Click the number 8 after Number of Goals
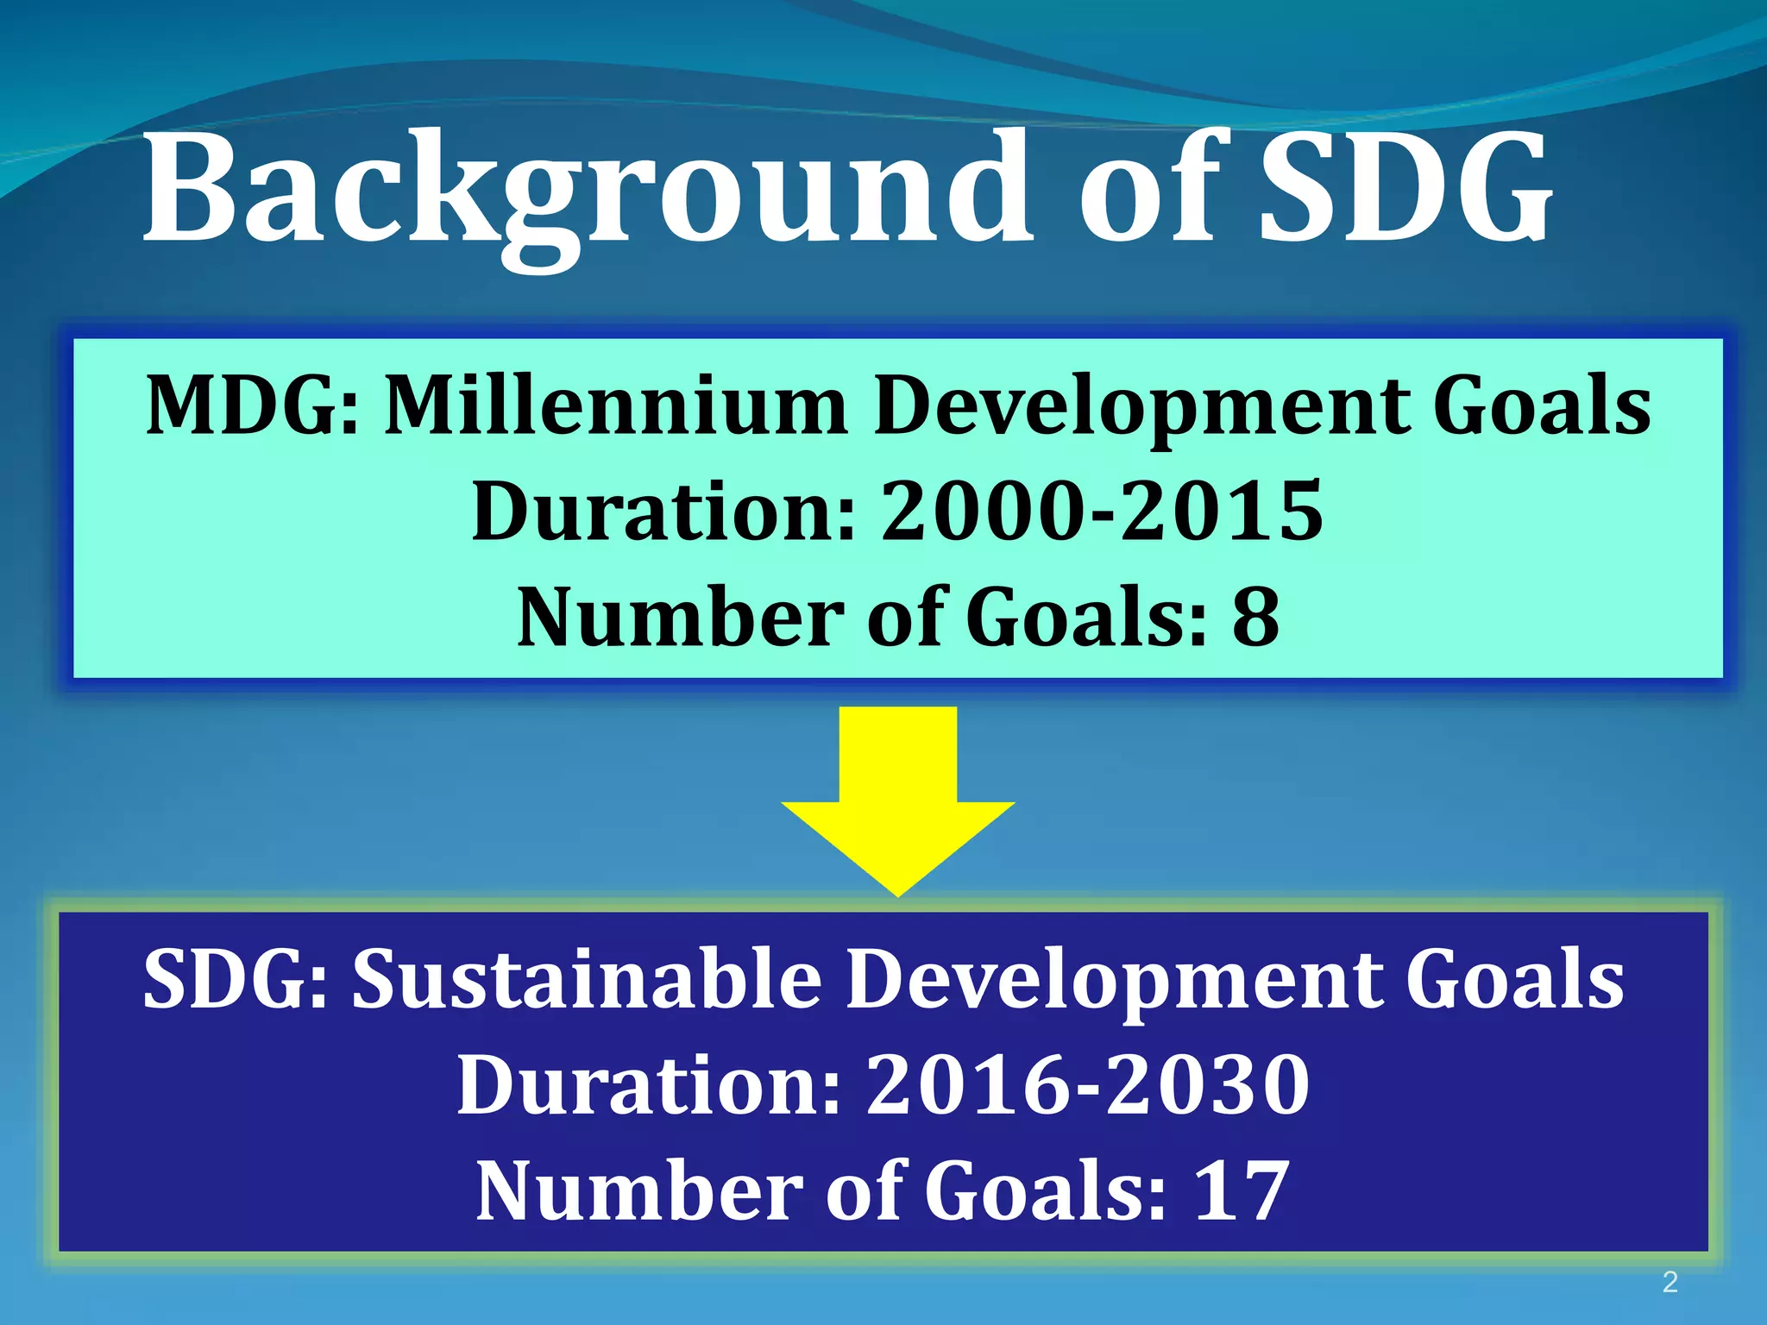[x=1255, y=617]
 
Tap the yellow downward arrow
[x=897, y=798]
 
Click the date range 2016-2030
[x=1088, y=1084]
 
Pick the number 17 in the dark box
[x=1242, y=1190]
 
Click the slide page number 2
[x=1670, y=1282]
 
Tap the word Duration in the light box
[x=663, y=511]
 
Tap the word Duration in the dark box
[x=649, y=1084]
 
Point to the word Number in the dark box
[x=639, y=1190]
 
